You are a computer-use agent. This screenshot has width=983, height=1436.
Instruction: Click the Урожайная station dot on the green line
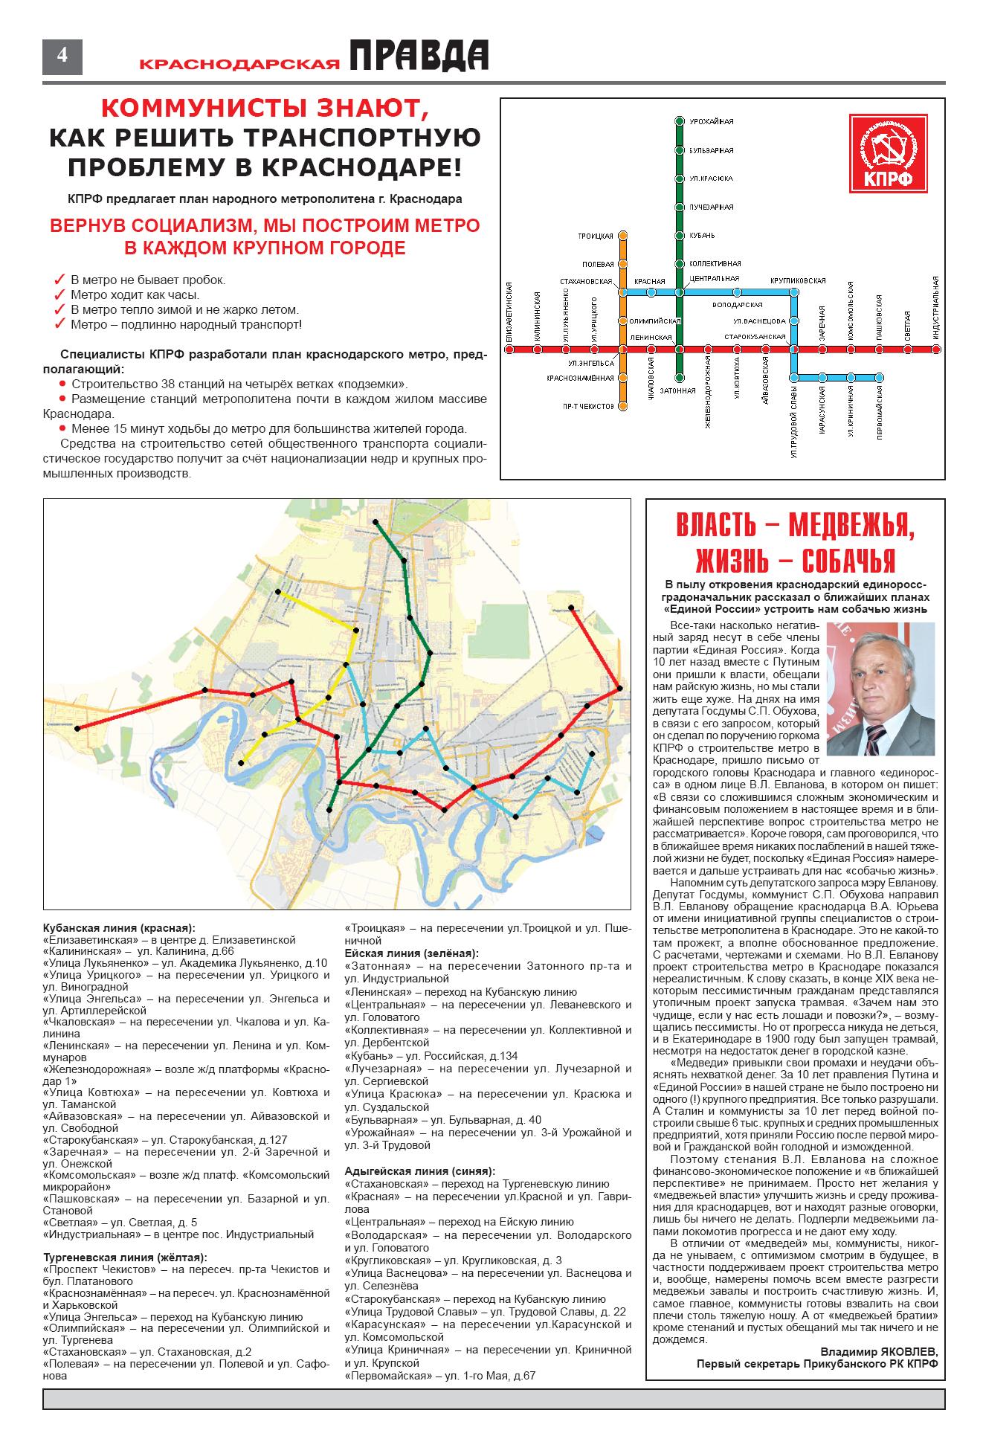[678, 121]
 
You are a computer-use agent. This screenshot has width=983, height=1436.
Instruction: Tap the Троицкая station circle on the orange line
[623, 236]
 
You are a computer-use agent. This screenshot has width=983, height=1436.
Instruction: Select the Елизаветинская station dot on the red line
[509, 349]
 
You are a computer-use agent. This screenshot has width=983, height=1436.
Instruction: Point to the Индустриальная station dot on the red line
[936, 349]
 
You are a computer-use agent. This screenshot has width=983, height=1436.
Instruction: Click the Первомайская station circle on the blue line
[879, 377]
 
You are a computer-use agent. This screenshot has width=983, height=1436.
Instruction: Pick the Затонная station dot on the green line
[678, 378]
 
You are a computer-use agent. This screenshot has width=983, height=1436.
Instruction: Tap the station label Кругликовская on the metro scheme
[797, 281]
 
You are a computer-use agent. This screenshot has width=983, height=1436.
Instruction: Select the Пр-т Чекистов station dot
[623, 406]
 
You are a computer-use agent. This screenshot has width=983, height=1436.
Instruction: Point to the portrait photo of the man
[880, 689]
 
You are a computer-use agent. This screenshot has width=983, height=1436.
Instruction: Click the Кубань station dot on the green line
[678, 236]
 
